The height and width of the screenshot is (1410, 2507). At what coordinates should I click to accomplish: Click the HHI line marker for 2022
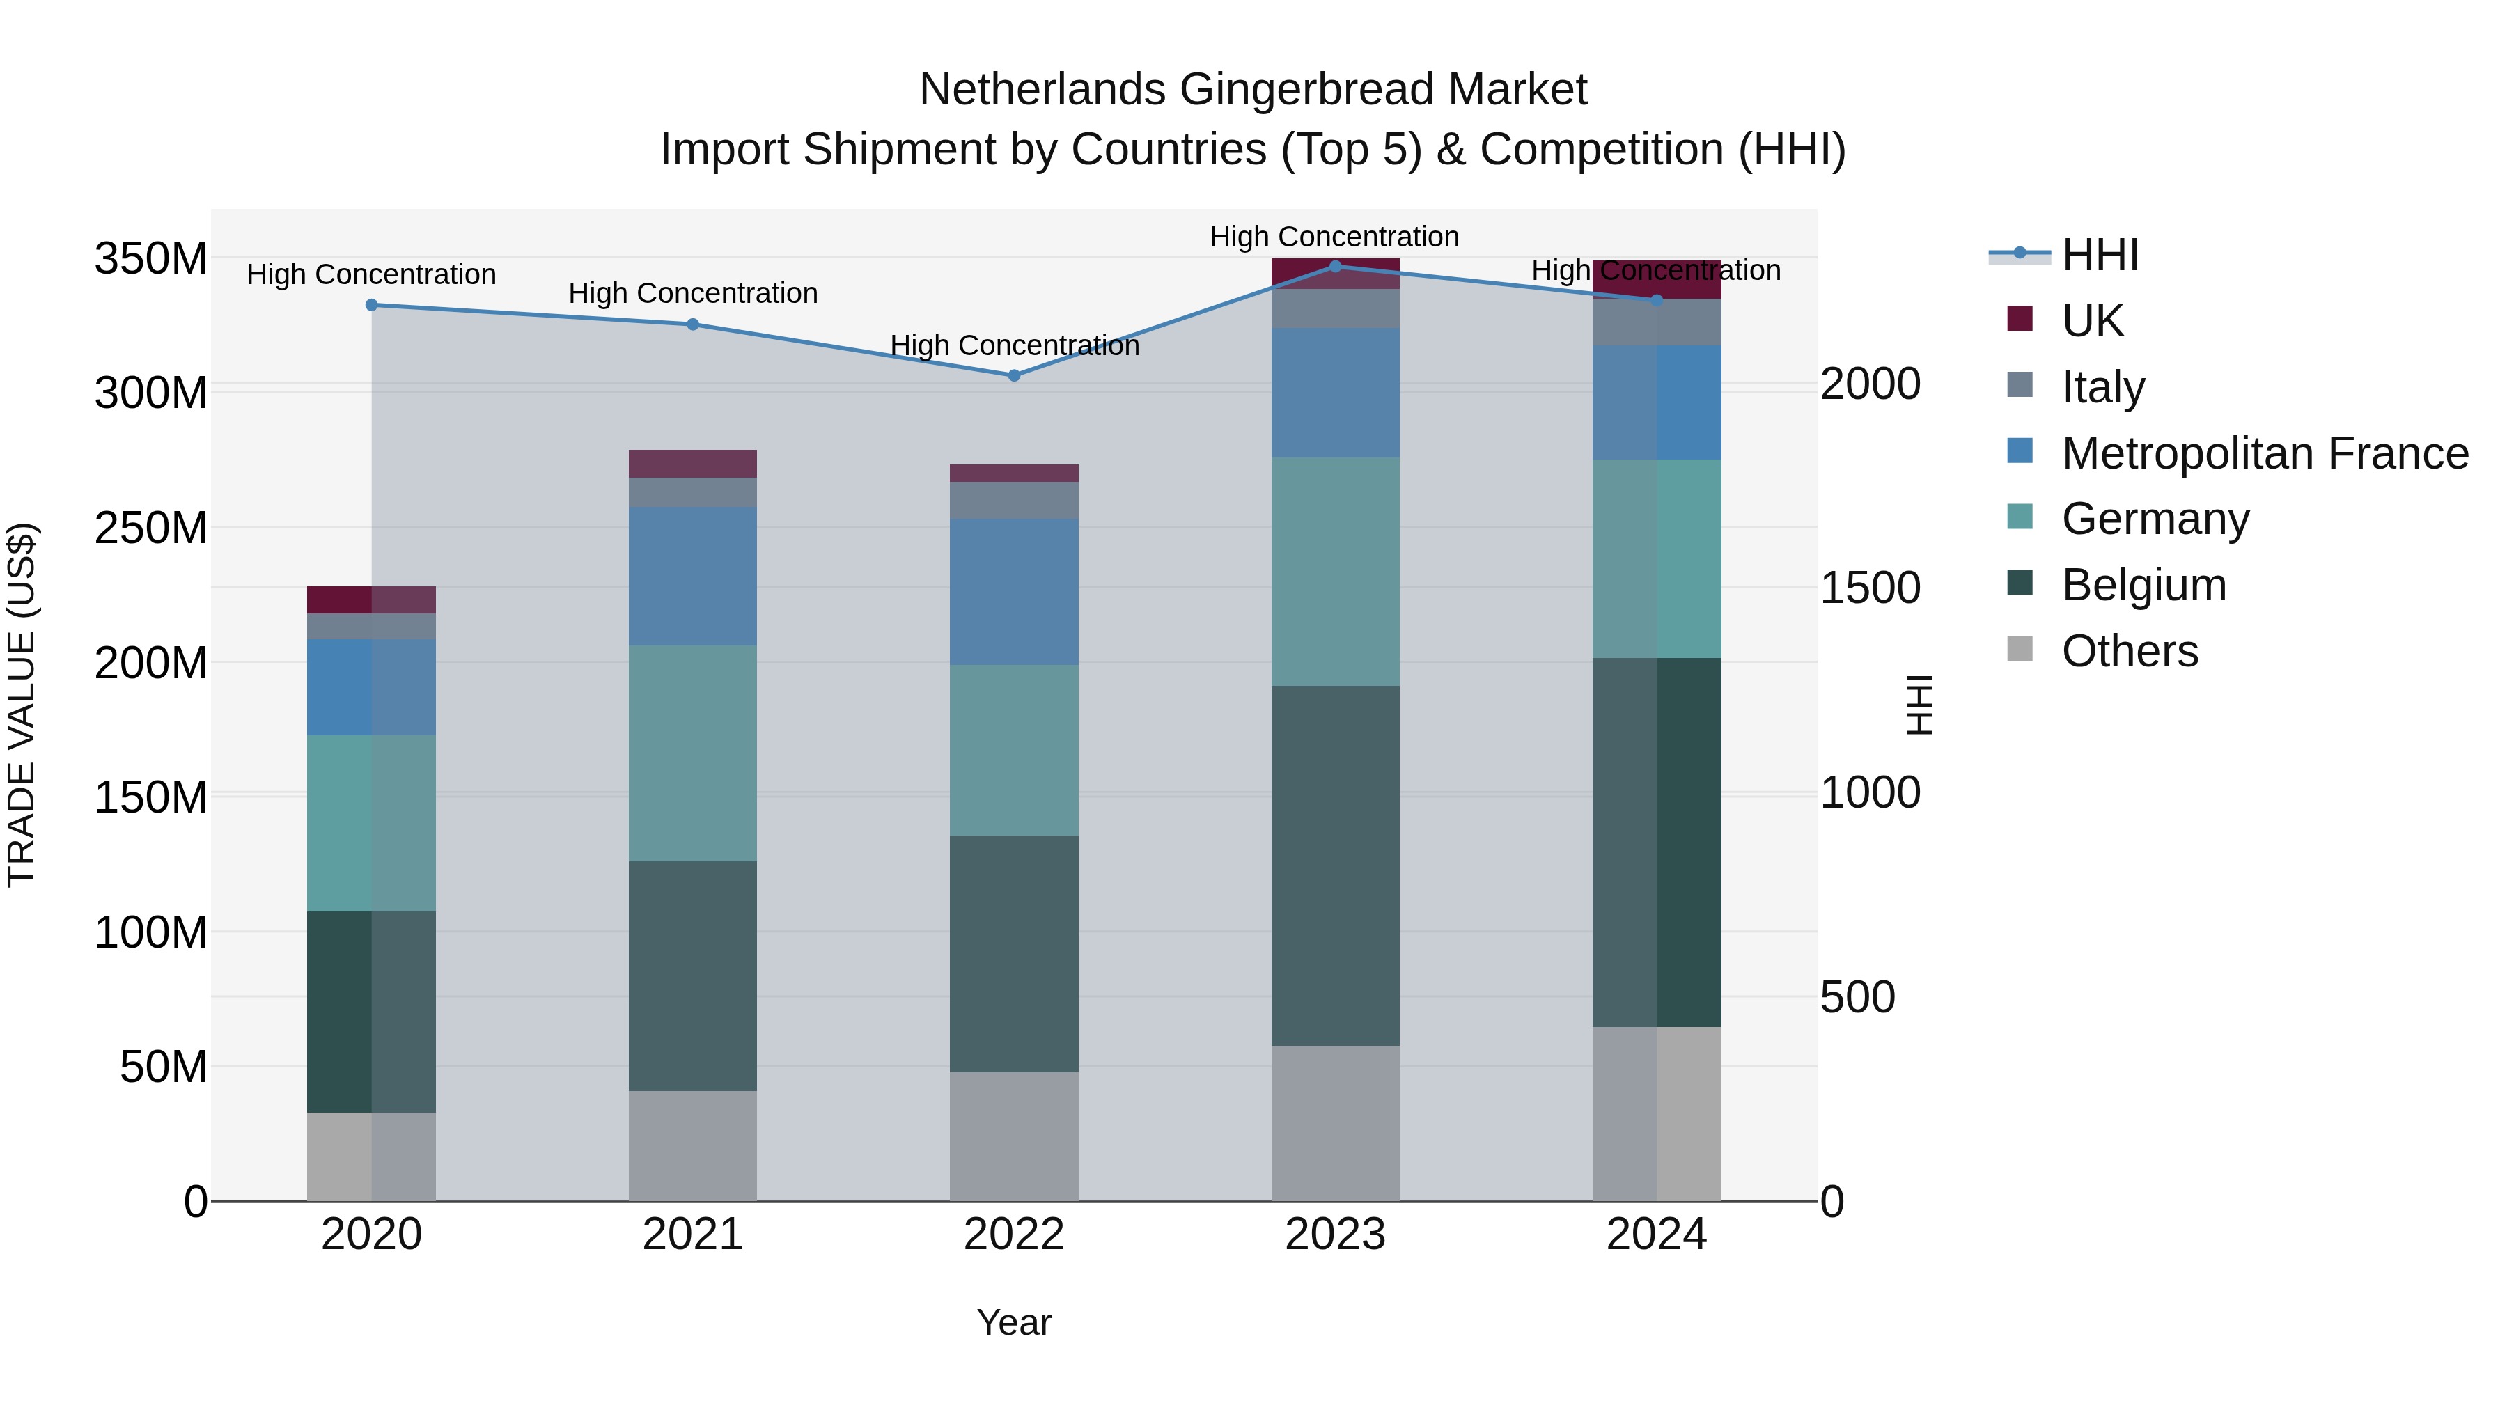point(1014,375)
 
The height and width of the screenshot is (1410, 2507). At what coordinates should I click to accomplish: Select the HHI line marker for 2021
point(693,324)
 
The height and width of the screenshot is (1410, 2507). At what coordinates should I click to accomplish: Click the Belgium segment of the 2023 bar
point(1335,866)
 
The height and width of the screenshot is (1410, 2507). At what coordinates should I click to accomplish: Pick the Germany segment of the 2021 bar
point(693,753)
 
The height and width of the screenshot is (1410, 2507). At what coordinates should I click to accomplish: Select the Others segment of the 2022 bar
point(1014,1136)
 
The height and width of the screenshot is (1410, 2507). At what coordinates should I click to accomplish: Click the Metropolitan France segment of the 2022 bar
point(1014,592)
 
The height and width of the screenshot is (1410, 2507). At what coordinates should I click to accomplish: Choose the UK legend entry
point(2093,320)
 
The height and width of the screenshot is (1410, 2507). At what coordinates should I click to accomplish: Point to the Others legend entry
point(2130,650)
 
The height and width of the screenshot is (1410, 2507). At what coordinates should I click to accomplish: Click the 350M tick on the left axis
point(151,259)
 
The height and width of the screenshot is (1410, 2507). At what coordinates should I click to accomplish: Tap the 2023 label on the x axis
point(1335,1235)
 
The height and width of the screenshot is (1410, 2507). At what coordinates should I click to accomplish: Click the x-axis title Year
point(1014,1322)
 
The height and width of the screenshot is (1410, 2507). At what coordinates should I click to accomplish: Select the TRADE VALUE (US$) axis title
point(22,705)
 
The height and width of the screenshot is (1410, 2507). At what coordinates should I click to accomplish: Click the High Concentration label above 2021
point(693,293)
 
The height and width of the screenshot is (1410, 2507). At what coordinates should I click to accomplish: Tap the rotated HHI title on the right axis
point(1919,705)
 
